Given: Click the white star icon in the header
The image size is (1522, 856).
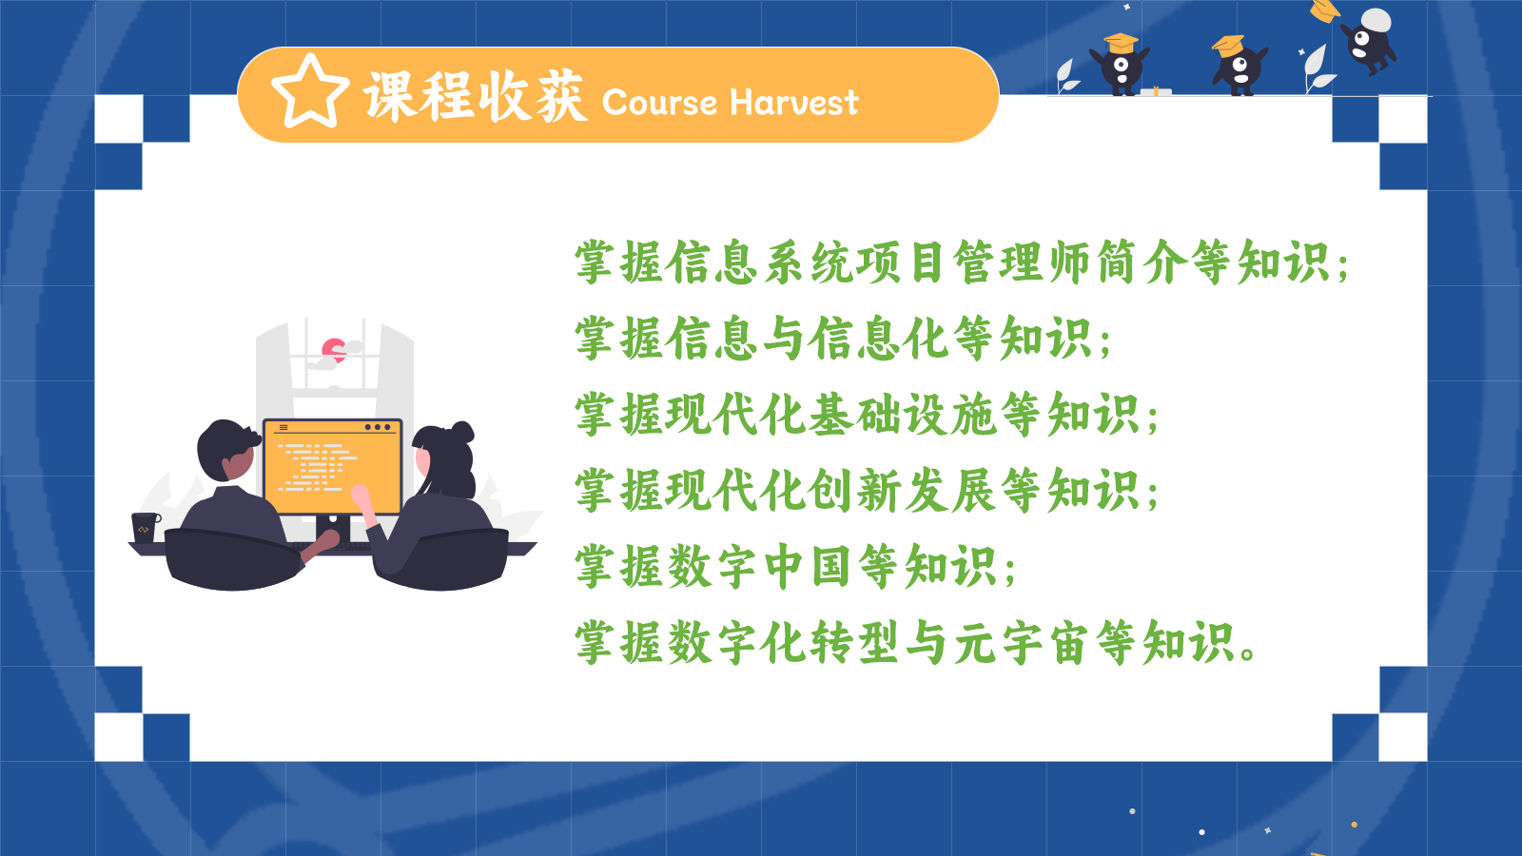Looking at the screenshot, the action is pos(310,91).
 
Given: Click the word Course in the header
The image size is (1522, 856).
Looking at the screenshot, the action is pos(659,103).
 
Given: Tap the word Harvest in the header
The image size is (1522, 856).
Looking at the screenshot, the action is pos(794,103).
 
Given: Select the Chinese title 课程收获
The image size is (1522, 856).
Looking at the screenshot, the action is pos(475,96).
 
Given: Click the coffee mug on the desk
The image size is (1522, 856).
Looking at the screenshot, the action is pos(146,527).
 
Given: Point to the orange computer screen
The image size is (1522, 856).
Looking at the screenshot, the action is pos(333,467).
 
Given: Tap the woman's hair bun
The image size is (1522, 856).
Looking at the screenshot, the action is pos(463,432).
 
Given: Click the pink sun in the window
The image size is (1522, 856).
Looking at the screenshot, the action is pos(334,350).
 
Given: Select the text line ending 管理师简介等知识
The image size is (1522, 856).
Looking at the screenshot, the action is pos(961,263).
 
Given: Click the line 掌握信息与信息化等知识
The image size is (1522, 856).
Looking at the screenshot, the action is pos(843,339).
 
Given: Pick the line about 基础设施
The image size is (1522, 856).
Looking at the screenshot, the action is pos(867,415).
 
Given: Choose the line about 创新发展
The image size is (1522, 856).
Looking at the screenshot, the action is pos(867,491).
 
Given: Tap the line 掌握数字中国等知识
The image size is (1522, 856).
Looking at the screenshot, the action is pos(795,567).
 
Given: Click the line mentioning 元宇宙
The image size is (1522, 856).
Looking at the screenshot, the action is pos(915,643).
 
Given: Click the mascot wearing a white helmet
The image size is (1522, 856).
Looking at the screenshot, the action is pos(1369,41).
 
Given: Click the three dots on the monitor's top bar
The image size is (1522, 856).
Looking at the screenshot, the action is pos(378,427).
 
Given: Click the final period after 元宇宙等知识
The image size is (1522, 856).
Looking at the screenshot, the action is pos(1247,655).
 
